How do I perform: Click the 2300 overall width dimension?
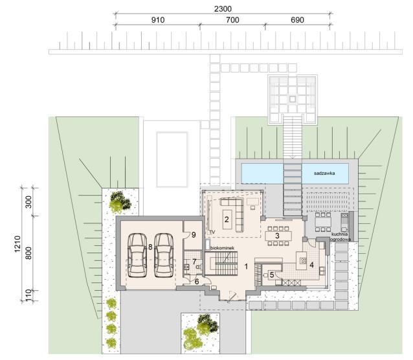[223, 9]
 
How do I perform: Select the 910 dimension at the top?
[158, 20]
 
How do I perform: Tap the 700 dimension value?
[232, 20]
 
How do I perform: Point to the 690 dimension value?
[297, 20]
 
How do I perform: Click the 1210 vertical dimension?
[17, 244]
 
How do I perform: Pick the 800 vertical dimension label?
[28, 253]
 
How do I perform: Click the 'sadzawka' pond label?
[324, 173]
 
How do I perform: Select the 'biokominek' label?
[222, 248]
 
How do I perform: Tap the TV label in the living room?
[212, 232]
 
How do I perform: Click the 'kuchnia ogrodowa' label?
[340, 237]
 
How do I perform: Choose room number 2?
[227, 219]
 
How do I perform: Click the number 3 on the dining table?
[277, 236]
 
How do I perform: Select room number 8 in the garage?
[150, 247]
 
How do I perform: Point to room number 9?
[194, 234]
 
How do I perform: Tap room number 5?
[272, 275]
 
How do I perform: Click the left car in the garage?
[137, 255]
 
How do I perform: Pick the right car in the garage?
[164, 255]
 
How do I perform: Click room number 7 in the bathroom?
[194, 262]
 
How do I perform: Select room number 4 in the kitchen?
[311, 265]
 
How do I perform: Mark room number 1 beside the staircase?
[246, 267]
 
